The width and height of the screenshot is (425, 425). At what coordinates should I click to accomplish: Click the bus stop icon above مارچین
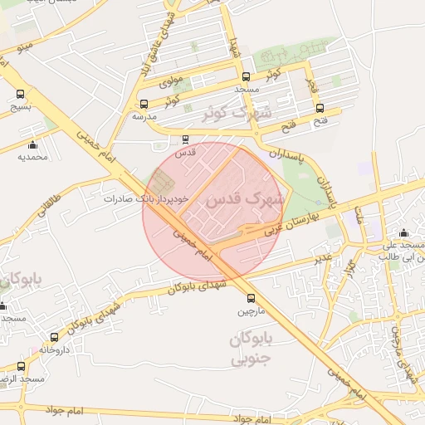coord(251,299)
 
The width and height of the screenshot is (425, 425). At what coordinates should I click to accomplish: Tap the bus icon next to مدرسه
coord(144,105)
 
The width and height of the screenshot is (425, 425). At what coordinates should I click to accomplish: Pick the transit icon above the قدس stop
coord(186,139)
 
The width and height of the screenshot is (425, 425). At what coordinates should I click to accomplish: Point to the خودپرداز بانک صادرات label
coord(147,199)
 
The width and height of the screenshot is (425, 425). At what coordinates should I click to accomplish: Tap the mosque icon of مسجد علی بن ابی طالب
coord(403,233)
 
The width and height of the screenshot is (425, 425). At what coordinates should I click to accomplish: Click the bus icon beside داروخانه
coord(55,338)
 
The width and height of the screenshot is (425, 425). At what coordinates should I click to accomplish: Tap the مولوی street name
coord(169,81)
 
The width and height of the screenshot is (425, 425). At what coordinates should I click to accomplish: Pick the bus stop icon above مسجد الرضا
coord(21,366)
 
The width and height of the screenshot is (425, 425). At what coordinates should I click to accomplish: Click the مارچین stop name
coord(255,312)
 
